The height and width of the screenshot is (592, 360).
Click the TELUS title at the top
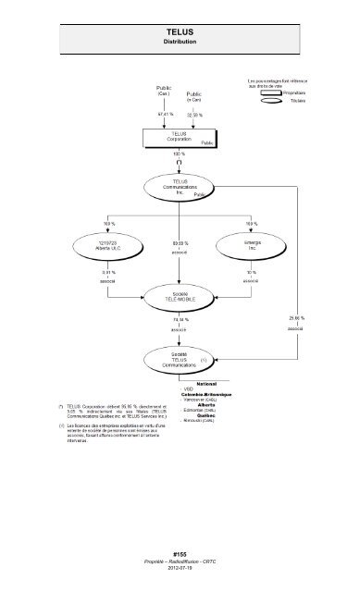180,31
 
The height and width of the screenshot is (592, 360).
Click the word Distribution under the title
180,43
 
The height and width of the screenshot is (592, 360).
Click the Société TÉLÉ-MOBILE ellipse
178,297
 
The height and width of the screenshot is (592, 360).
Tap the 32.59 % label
195,114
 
